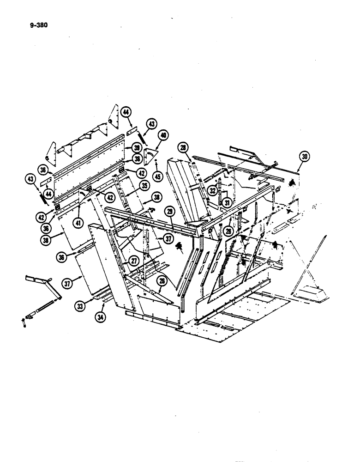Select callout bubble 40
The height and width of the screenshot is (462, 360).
162,135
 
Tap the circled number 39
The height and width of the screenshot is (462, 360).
136,147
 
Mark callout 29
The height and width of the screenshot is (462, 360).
170,211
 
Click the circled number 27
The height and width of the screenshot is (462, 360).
133,261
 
